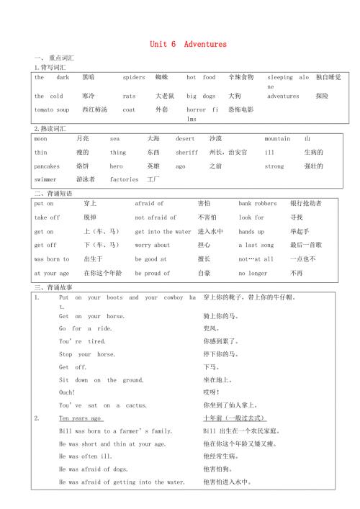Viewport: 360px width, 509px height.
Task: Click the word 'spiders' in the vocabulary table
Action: pyautogui.click(x=134, y=77)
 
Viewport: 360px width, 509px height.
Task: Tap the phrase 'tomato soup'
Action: pyautogui.click(x=52, y=109)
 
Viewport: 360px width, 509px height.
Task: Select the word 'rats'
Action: pyautogui.click(x=129, y=96)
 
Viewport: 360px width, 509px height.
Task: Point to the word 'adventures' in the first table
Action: pyautogui.click(x=283, y=96)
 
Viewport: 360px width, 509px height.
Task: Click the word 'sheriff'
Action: pyautogui.click(x=186, y=153)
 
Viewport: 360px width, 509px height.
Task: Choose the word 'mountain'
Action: pyautogui.click(x=277, y=138)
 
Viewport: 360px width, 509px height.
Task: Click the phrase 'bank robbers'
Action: pyautogui.click(x=258, y=204)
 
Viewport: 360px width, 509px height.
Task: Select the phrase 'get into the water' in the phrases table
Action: pyautogui.click(x=163, y=232)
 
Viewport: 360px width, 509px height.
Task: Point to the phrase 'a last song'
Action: pyautogui.click(x=256, y=246)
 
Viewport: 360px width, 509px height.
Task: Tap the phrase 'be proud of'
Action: pyautogui.click(x=153, y=274)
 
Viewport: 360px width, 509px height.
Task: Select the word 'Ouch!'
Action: pyautogui.click(x=67, y=392)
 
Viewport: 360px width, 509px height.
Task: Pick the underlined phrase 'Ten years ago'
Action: pyautogui.click(x=81, y=418)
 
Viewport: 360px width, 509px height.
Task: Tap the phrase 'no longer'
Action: pyautogui.click(x=254, y=274)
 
